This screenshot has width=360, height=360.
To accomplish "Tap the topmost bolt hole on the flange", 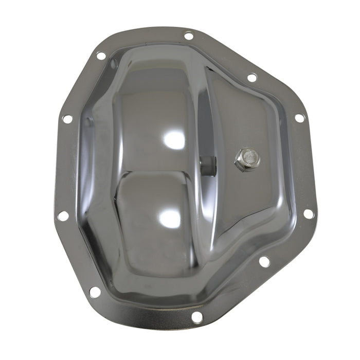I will pyautogui.click(x=189, y=36).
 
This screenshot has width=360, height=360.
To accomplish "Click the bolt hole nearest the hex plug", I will pyautogui.click(x=252, y=78).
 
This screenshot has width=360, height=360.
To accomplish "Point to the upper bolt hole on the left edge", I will pyautogui.click(x=67, y=119).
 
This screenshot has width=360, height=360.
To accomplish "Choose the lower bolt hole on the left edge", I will pyautogui.click(x=63, y=215).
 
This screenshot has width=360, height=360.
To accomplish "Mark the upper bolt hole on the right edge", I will pyautogui.click(x=299, y=118).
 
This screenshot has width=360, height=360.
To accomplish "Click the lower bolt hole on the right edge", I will pyautogui.click(x=308, y=213).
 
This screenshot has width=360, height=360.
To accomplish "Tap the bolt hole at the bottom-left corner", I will pyautogui.click(x=95, y=292).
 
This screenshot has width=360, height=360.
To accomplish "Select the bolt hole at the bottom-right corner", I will pyautogui.click(x=264, y=261).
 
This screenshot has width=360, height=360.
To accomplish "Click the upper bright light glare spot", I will pyautogui.click(x=173, y=139).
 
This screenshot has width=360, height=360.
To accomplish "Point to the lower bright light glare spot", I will pyautogui.click(x=170, y=219).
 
